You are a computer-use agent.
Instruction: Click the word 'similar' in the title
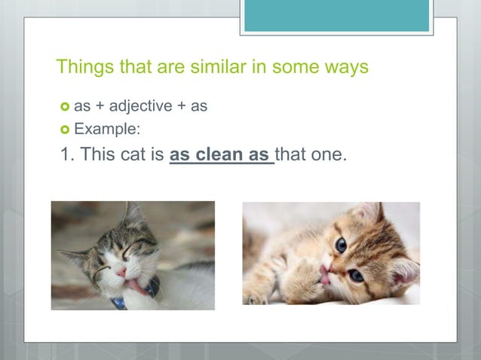point(205,67)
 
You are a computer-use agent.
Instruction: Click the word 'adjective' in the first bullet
point(139,106)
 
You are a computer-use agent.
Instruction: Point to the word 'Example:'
point(106,129)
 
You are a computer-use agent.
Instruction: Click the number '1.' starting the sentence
point(66,155)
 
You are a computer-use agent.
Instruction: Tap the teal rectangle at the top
point(336,16)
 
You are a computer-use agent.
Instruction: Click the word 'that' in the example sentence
point(291,155)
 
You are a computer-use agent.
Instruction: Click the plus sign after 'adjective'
point(181,106)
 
